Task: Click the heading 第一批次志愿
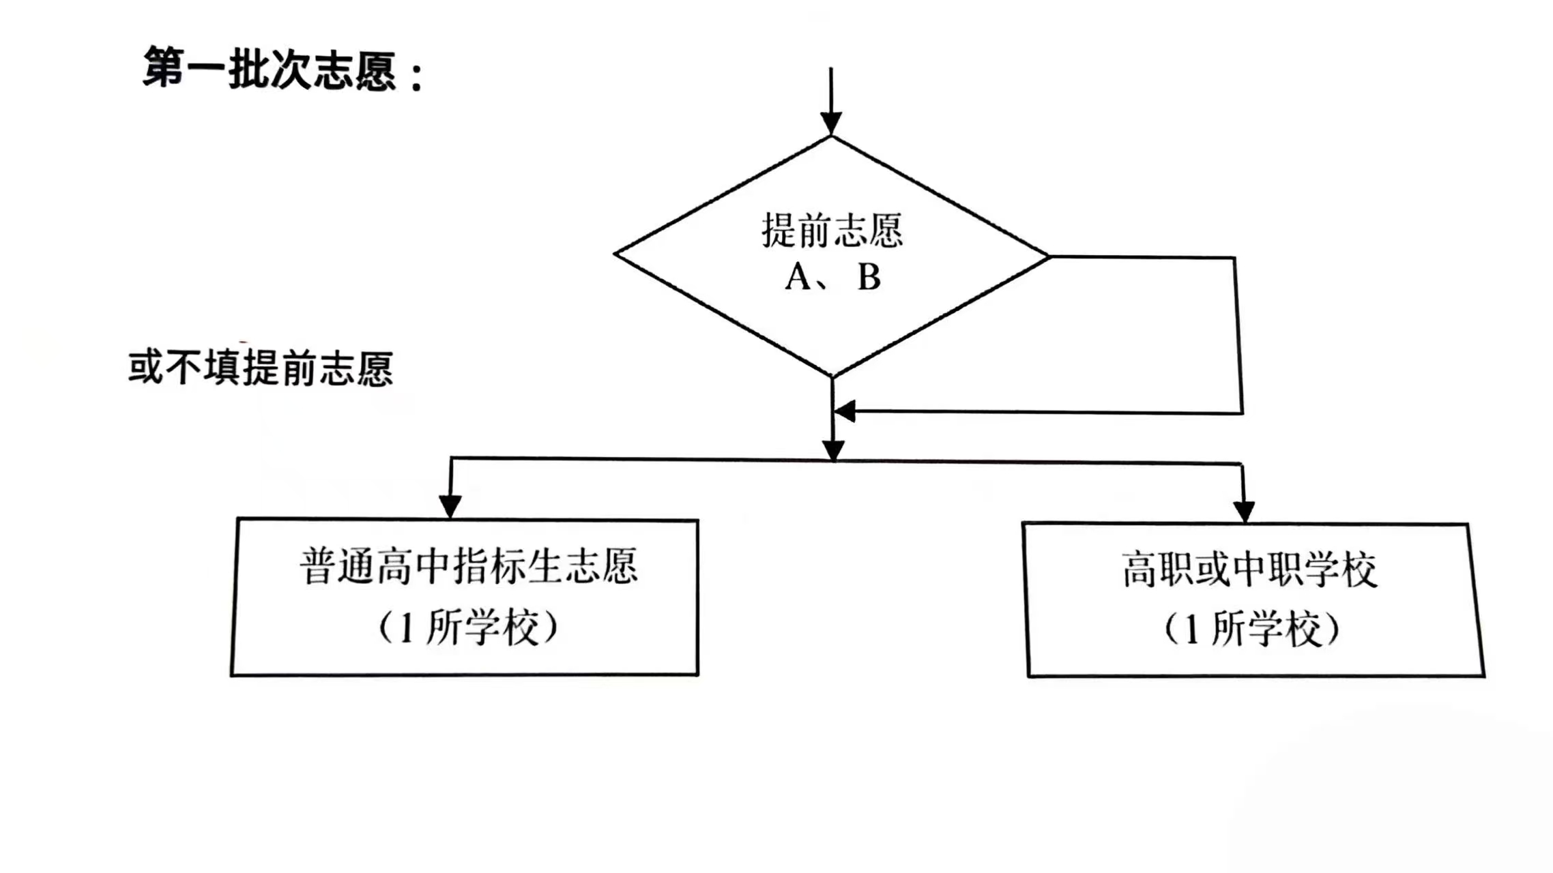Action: pyautogui.click(x=270, y=69)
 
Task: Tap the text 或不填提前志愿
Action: pyautogui.click(x=261, y=368)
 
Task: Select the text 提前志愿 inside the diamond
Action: pyautogui.click(x=832, y=231)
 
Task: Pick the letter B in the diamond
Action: pyautogui.click(x=869, y=278)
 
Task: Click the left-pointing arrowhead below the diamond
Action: pyautogui.click(x=845, y=411)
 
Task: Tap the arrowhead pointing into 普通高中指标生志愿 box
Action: pyautogui.click(x=450, y=506)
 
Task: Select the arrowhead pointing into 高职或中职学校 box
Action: pyautogui.click(x=1244, y=511)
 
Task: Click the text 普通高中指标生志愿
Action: pyautogui.click(x=469, y=566)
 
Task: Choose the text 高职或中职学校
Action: pyautogui.click(x=1249, y=569)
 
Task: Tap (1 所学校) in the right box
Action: pyautogui.click(x=1251, y=629)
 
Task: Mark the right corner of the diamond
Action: pyautogui.click(x=1047, y=256)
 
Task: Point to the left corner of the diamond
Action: pyautogui.click(x=615, y=254)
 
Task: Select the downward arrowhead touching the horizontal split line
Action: pyautogui.click(x=833, y=451)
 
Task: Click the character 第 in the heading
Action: pyautogui.click(x=164, y=68)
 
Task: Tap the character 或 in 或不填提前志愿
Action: pyautogui.click(x=145, y=368)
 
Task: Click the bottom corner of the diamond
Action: pyautogui.click(x=832, y=376)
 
